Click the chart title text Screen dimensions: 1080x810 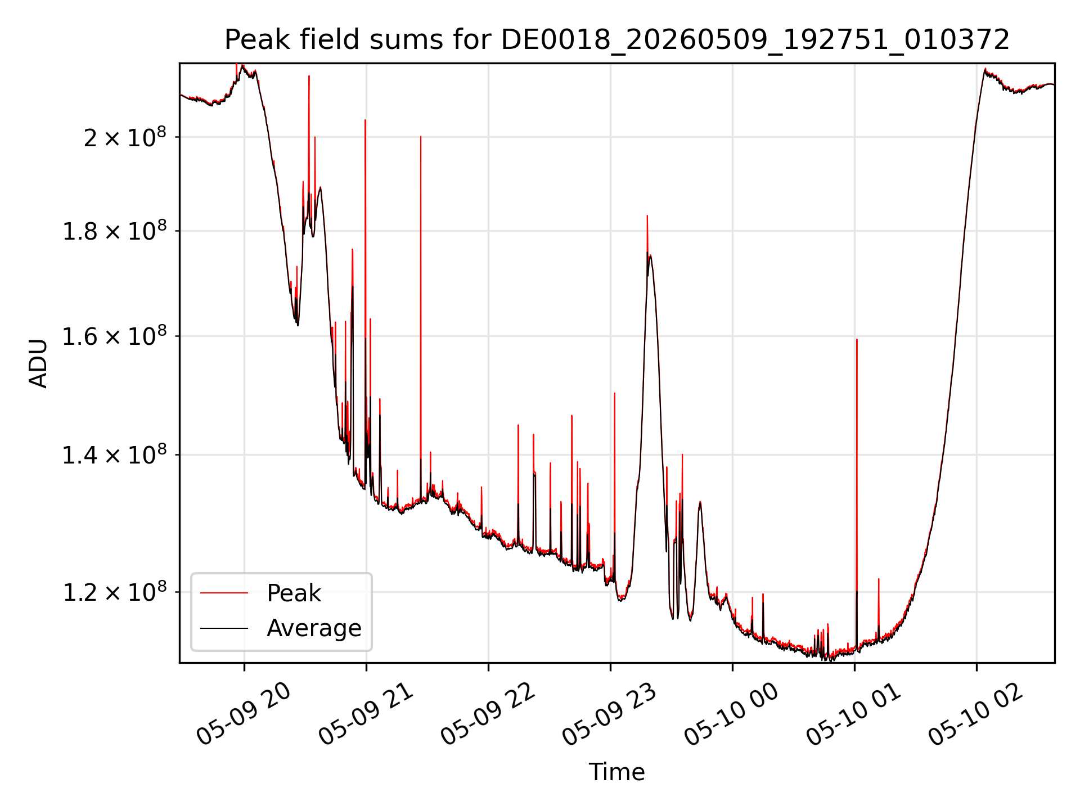(617, 40)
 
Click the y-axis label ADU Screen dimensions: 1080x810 (38, 363)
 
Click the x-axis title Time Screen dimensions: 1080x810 (617, 772)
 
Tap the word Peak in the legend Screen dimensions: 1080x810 (294, 593)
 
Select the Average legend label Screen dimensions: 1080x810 (314, 628)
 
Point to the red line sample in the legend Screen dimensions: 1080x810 (224, 593)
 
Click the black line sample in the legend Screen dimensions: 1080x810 (224, 628)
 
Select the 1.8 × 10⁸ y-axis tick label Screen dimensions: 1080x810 (115, 231)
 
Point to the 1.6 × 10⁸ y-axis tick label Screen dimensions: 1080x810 (115, 336)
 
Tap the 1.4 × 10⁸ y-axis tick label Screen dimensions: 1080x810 (115, 454)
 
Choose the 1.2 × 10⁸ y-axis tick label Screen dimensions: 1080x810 (115, 592)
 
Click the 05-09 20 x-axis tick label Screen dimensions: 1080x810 (244, 714)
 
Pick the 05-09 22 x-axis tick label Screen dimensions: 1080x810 (488, 714)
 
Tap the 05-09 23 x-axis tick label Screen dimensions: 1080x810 (610, 714)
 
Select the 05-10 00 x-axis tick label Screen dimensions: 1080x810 (732, 714)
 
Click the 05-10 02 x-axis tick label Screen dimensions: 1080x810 (976, 714)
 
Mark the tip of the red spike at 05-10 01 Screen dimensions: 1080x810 (857, 339)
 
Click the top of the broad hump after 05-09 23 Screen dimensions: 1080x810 (650, 255)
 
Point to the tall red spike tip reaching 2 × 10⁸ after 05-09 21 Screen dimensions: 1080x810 (421, 136)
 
